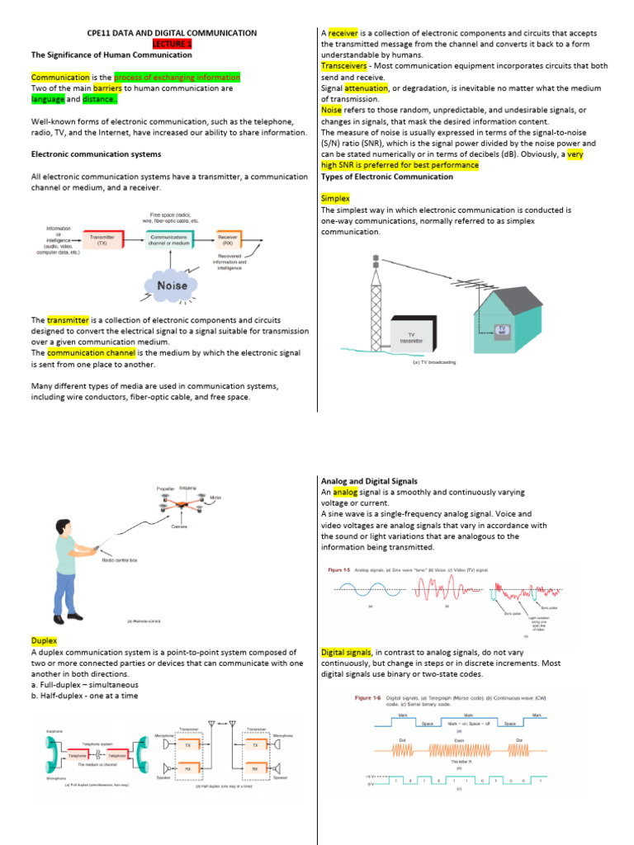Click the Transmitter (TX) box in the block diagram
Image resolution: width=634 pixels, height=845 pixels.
click(102, 240)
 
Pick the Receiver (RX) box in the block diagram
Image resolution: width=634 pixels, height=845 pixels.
click(228, 240)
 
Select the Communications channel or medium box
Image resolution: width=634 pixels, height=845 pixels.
click(168, 240)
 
